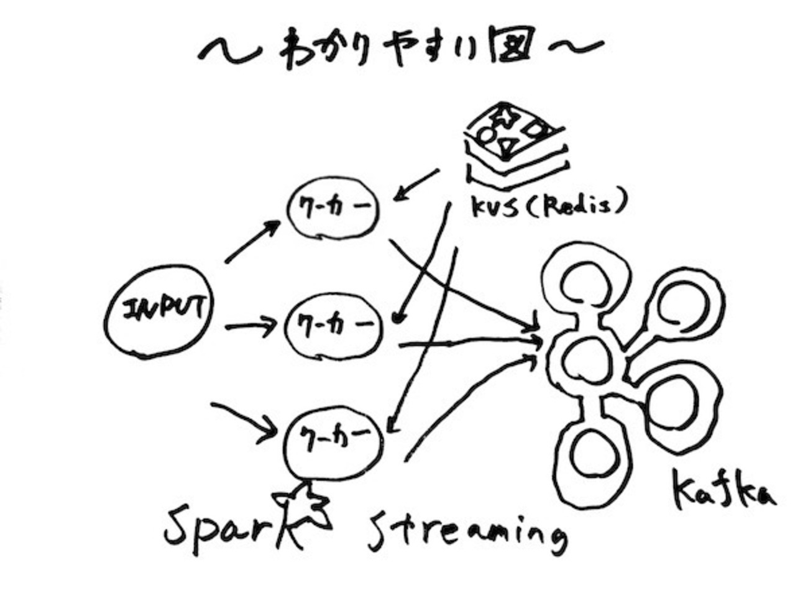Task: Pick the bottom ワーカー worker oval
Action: [333, 434]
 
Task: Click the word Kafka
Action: [724, 494]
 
